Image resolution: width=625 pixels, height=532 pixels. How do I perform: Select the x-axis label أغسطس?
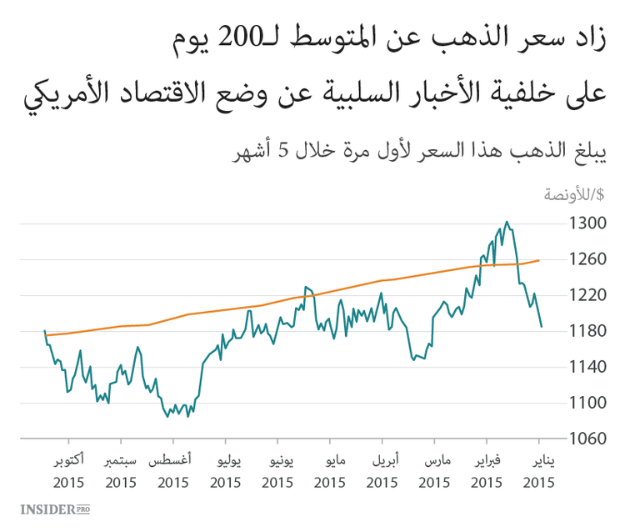[x=172, y=460]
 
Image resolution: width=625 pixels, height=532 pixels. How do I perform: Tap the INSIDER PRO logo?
[x=54, y=509]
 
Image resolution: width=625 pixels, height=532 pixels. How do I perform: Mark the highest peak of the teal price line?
[x=507, y=222]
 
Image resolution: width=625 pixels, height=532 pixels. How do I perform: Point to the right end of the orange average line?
[x=539, y=260]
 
